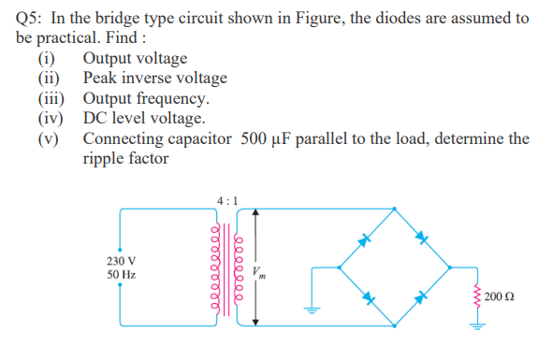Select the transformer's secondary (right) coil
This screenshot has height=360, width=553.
click(x=238, y=271)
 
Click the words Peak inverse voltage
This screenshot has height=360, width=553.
click(x=154, y=79)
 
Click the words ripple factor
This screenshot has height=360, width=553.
click(x=125, y=158)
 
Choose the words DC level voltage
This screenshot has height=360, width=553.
click(x=143, y=119)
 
